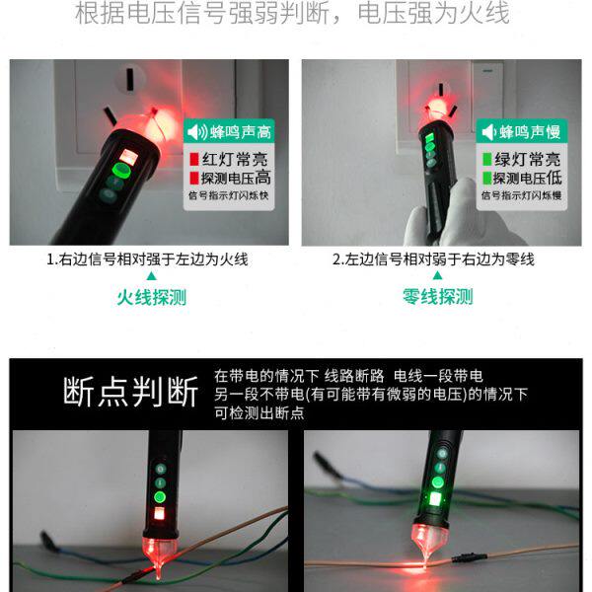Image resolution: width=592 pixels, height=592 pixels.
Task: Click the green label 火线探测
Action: [x=151, y=296]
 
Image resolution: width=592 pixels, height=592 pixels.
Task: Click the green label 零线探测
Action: [x=437, y=296]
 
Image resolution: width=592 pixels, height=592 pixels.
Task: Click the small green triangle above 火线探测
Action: [x=151, y=277]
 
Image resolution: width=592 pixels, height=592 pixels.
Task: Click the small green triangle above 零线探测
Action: [x=437, y=277]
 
